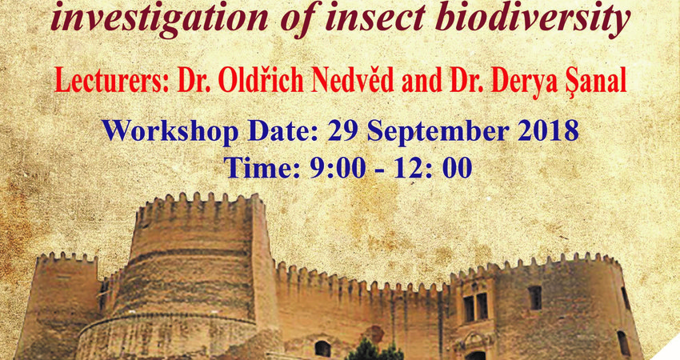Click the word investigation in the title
pyautogui.click(x=159, y=18)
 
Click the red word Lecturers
pyautogui.click(x=111, y=80)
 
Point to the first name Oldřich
pyautogui.click(x=261, y=80)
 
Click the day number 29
pyautogui.click(x=344, y=130)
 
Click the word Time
pyautogui.click(x=259, y=167)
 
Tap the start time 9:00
pyautogui.click(x=337, y=167)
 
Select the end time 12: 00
pyautogui.click(x=432, y=167)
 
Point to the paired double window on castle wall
pyautogui.click(x=476, y=306)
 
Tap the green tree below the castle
pyautogui.click(x=373, y=350)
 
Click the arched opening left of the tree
pyautogui.click(x=322, y=349)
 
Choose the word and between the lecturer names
pyautogui.click(x=421, y=81)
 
